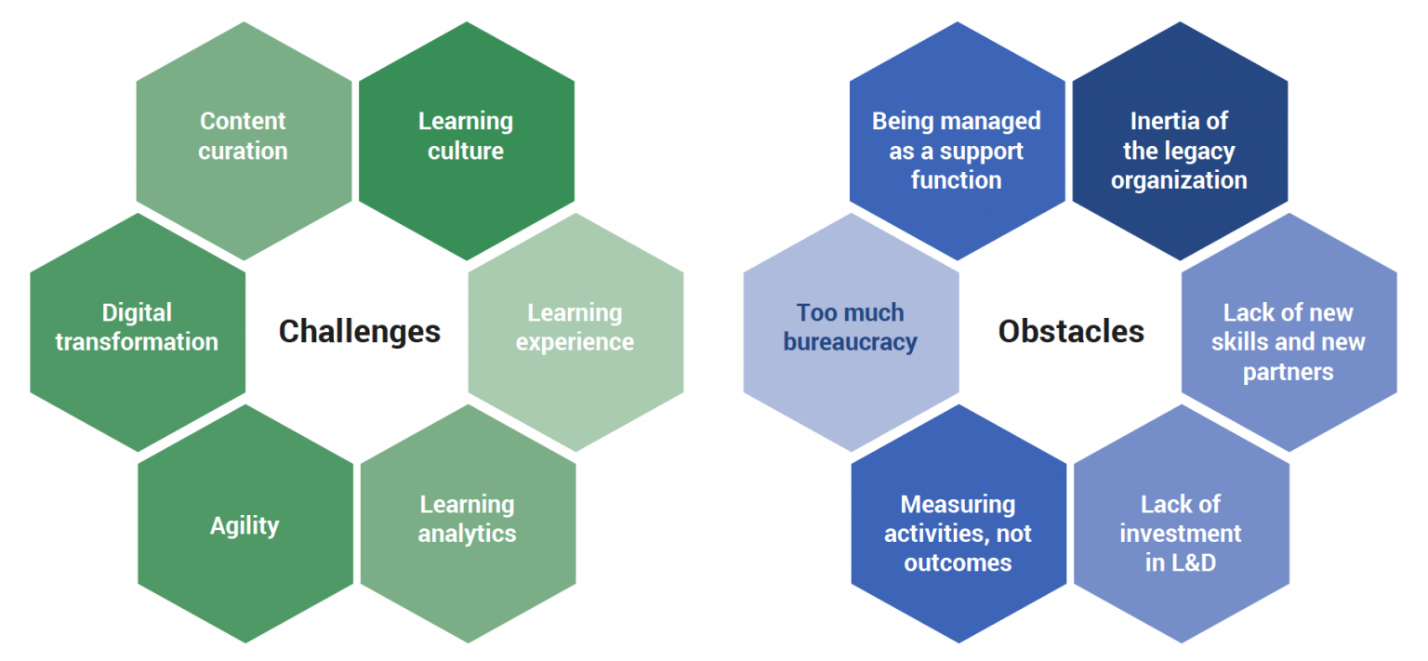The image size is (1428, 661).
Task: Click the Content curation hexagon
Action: tap(244, 139)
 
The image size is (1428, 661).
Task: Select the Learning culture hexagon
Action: tap(466, 139)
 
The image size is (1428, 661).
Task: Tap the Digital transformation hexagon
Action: tap(137, 331)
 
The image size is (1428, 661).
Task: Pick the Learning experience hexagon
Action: tap(575, 331)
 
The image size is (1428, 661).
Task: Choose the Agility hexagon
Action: tap(245, 524)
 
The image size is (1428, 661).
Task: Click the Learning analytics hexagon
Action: tap(468, 522)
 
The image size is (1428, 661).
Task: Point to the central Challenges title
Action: tap(360, 331)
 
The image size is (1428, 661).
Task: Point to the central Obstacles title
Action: tap(1071, 331)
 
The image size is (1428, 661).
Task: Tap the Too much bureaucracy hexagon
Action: tap(851, 331)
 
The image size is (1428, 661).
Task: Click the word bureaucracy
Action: tap(851, 342)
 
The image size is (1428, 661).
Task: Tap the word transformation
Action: tap(137, 342)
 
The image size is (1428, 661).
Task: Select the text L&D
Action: tap(1193, 562)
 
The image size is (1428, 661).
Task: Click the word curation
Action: tap(244, 151)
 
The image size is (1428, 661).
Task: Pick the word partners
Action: tap(1289, 372)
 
